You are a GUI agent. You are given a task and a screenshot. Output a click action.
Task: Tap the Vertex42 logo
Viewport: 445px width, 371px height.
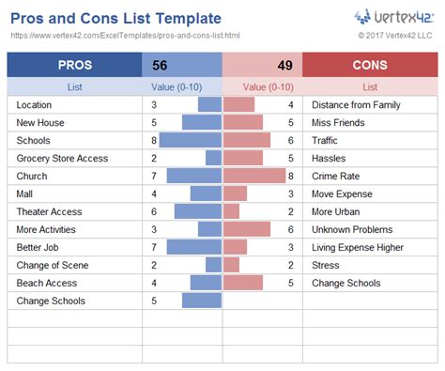pyautogui.click(x=393, y=17)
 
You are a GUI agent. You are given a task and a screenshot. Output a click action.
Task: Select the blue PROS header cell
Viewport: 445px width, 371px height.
pyautogui.click(x=74, y=65)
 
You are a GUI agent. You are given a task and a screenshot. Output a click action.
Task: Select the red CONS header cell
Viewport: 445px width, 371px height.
pyautogui.click(x=369, y=65)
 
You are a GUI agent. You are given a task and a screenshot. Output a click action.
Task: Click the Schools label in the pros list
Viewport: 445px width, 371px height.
pyautogui.click(x=35, y=140)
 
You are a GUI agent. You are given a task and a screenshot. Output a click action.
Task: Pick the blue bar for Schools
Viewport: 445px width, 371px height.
pyautogui.click(x=191, y=140)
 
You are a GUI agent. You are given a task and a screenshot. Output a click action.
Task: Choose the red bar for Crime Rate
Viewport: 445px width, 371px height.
pyautogui.click(x=254, y=176)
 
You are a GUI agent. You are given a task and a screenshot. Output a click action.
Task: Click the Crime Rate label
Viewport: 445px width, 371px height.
pyautogui.click(x=336, y=176)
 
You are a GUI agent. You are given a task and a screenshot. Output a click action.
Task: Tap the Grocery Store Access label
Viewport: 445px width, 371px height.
pyautogui.click(x=62, y=158)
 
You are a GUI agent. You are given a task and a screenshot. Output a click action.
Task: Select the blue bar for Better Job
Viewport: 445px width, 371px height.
pyautogui.click(x=194, y=247)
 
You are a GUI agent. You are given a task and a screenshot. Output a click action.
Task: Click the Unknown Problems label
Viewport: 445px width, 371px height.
pyautogui.click(x=352, y=229)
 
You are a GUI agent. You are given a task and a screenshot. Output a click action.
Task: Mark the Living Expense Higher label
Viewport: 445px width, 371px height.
pyautogui.click(x=357, y=247)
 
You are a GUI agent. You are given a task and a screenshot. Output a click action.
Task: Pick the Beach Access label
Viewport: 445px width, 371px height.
pyautogui.click(x=47, y=283)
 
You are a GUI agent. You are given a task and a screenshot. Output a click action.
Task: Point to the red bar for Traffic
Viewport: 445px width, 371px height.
pyautogui.click(x=247, y=140)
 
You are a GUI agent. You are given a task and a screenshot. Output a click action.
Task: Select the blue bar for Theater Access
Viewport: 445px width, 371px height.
pyautogui.click(x=198, y=211)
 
